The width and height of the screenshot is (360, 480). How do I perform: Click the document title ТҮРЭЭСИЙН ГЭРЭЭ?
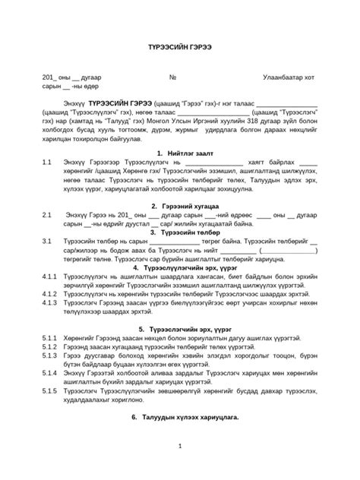179,47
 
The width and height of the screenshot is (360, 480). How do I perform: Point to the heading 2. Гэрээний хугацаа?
179,206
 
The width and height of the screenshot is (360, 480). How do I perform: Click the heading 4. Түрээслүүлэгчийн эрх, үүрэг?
179,267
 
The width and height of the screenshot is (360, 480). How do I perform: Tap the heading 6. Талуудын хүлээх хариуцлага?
179,417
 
